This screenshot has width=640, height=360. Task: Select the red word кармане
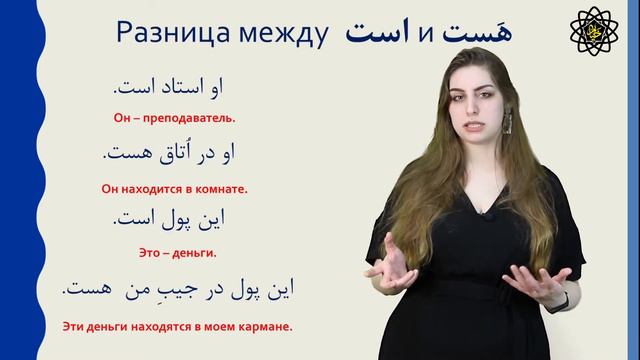point(269,325)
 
